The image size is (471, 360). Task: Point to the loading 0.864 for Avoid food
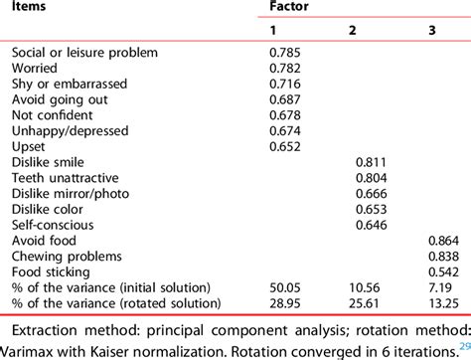[443, 241]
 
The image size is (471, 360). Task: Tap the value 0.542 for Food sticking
[443, 271]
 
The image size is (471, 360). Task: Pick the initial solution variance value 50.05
[287, 287]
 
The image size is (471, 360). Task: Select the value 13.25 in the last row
[443, 302]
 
